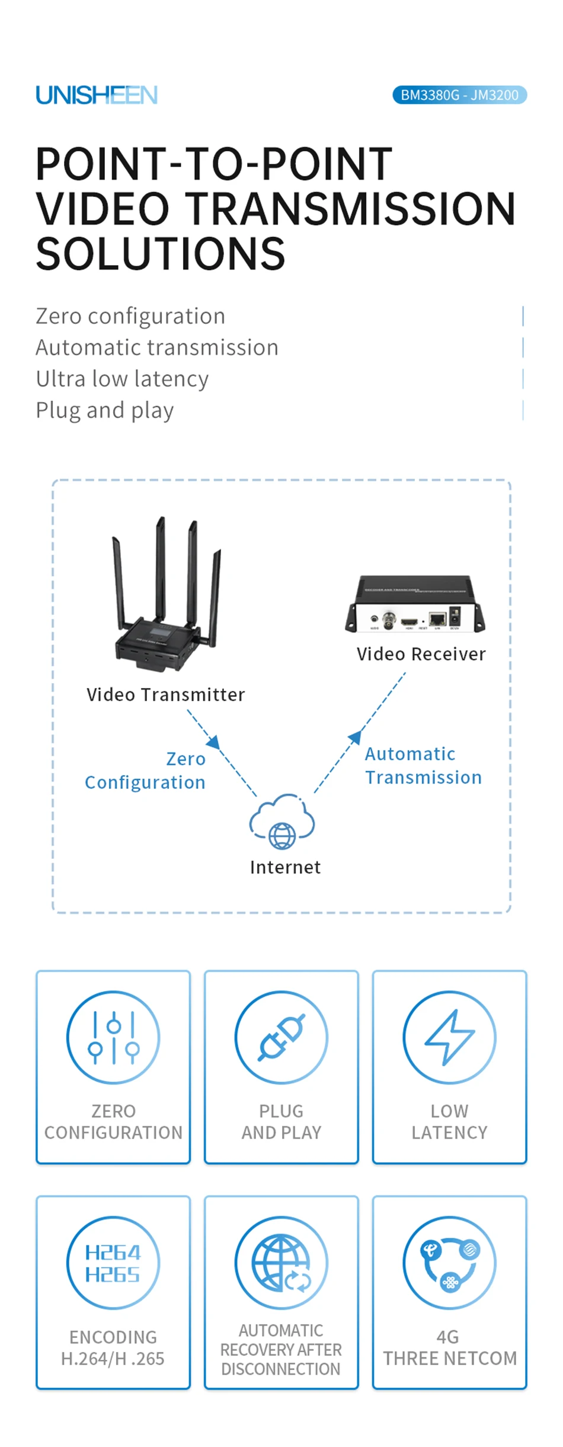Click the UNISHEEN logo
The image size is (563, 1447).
tap(97, 95)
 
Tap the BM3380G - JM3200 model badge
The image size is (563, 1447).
tap(459, 95)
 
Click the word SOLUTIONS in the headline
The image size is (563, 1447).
tap(161, 254)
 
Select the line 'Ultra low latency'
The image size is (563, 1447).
tap(122, 378)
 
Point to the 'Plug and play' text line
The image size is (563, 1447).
tap(105, 410)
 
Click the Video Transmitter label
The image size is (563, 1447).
tap(165, 694)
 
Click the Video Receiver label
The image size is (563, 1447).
tap(421, 654)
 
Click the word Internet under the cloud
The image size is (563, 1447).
tap(285, 867)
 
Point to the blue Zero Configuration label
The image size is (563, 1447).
tap(146, 770)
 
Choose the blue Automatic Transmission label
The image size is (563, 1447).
tap(423, 766)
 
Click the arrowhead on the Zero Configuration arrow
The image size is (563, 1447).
tap(214, 742)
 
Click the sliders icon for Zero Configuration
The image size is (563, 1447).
tap(113, 1037)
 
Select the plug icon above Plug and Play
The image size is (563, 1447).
tap(281, 1037)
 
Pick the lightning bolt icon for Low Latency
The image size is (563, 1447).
tap(449, 1037)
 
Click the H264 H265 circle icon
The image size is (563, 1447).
tap(113, 1263)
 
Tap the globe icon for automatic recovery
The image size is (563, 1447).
tap(281, 1263)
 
